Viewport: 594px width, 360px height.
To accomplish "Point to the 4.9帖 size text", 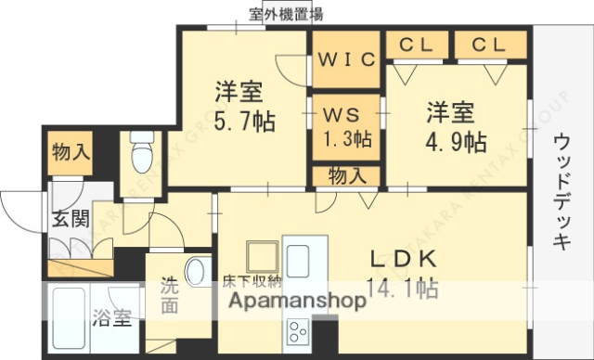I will click(x=451, y=141).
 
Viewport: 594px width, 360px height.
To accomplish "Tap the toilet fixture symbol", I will click(x=142, y=153).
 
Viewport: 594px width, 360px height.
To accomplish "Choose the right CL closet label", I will click(x=489, y=44).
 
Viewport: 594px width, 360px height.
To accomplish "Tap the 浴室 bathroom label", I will click(x=112, y=320).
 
